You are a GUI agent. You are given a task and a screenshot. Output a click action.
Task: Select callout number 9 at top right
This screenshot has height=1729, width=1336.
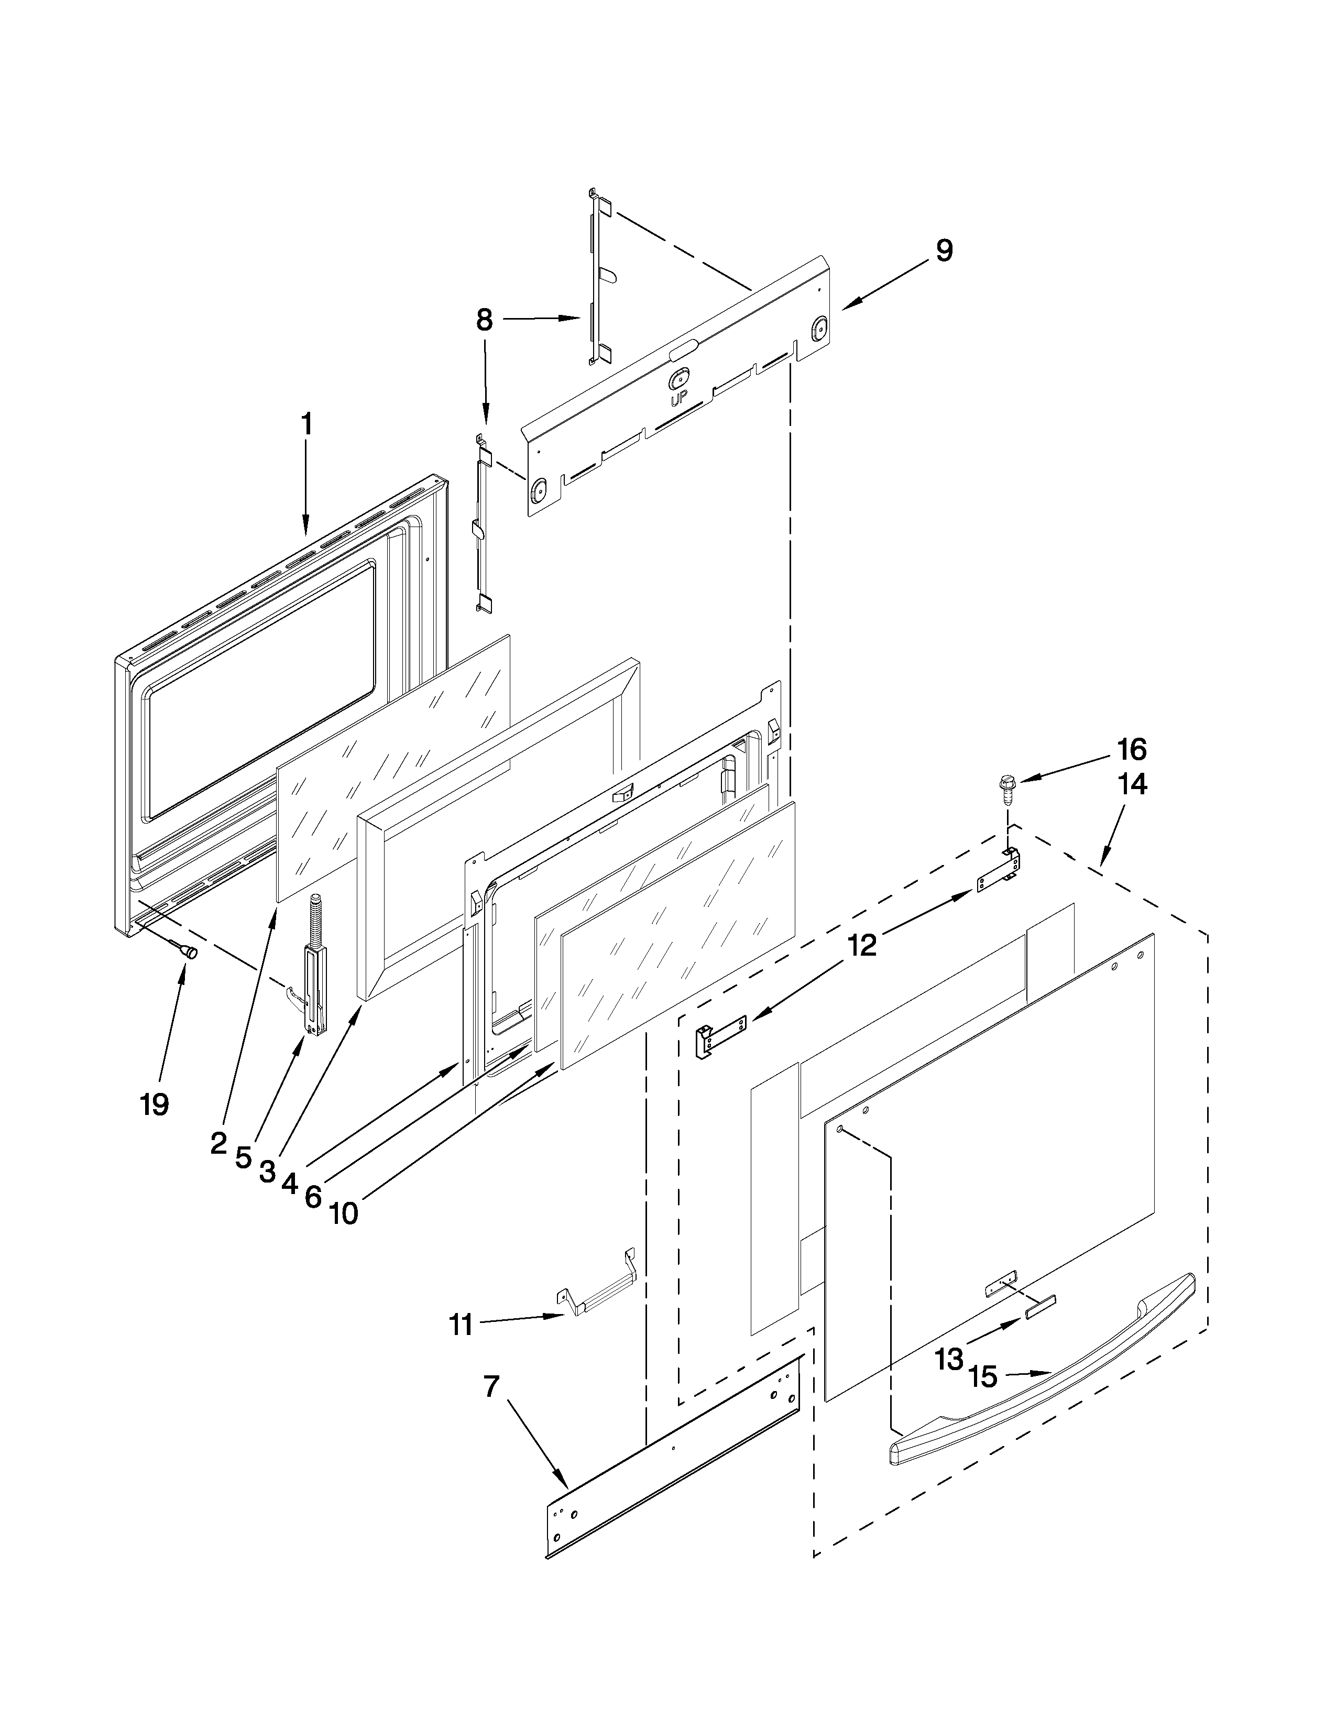[x=944, y=251]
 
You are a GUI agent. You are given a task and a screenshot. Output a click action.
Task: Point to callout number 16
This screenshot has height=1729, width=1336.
[x=1132, y=748]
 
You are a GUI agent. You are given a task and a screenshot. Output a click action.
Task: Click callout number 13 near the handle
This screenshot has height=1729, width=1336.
[x=948, y=1359]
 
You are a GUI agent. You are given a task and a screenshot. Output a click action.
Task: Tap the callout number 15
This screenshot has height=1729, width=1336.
[x=983, y=1377]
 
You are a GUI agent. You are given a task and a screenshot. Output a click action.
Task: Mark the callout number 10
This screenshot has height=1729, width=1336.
[x=344, y=1213]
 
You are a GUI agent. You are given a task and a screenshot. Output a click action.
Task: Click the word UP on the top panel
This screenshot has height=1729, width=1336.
[x=678, y=401]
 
